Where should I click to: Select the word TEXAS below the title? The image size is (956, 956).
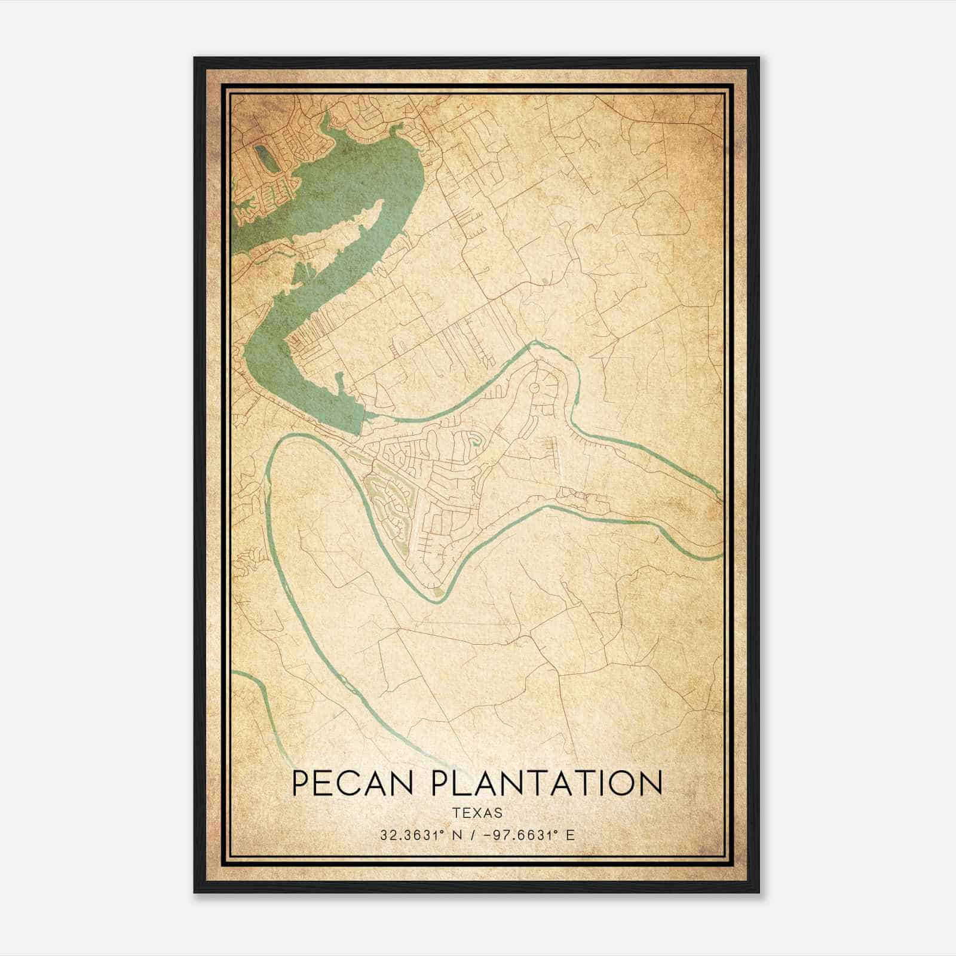coord(477,813)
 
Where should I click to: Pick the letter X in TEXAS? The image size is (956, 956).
coord(477,813)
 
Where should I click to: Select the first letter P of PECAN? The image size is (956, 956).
coord(302,783)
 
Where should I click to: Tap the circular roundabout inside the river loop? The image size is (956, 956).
coord(534,388)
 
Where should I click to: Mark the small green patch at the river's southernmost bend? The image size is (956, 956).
coord(439,592)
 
